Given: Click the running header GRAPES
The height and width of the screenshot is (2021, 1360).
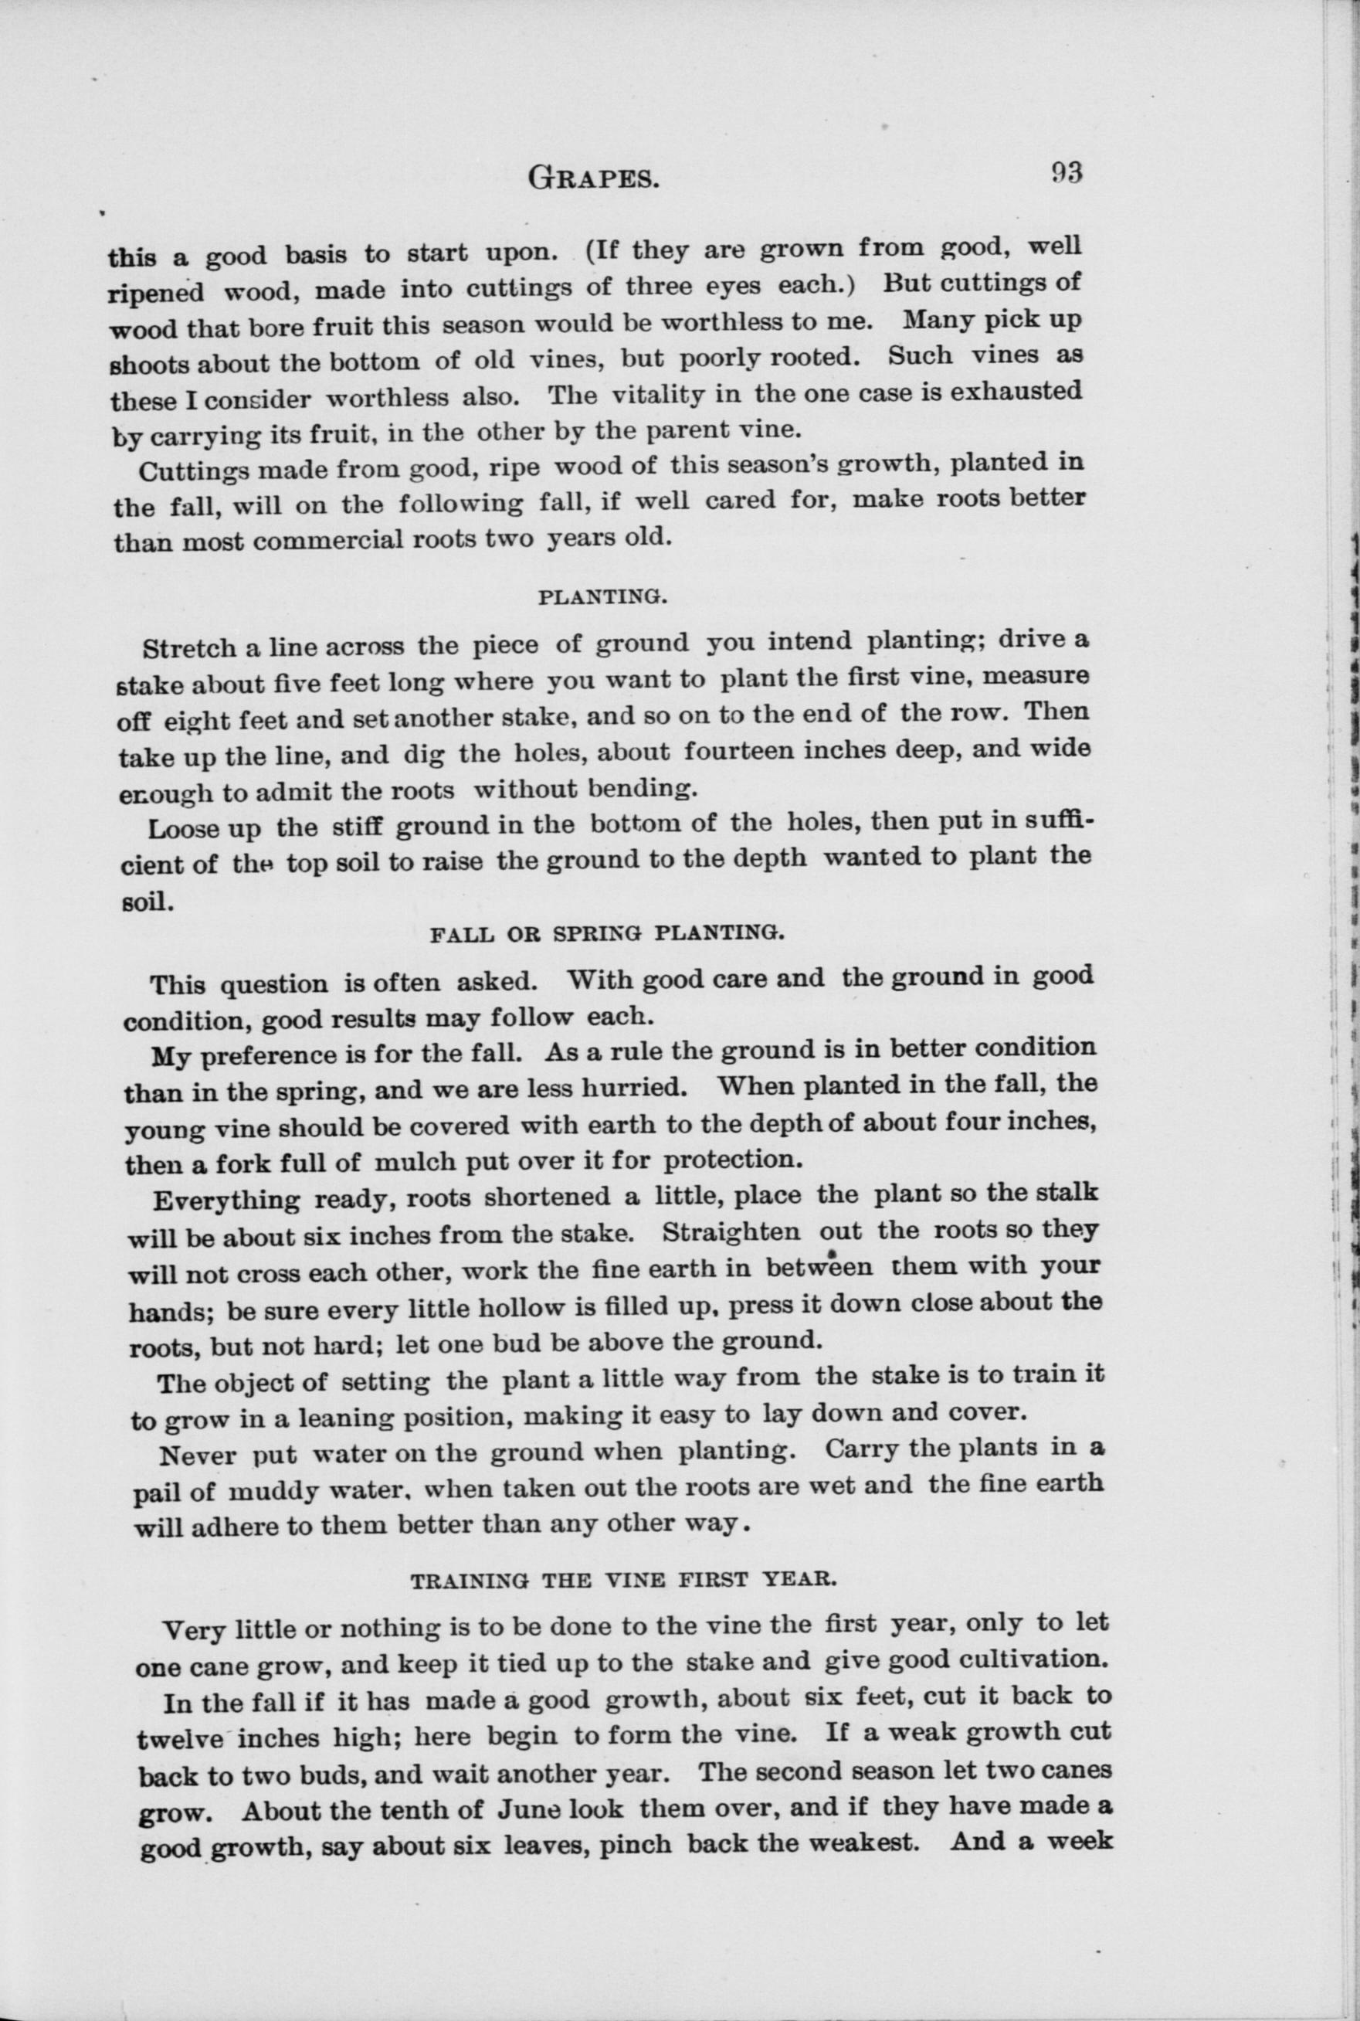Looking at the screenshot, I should pyautogui.click(x=593, y=178).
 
